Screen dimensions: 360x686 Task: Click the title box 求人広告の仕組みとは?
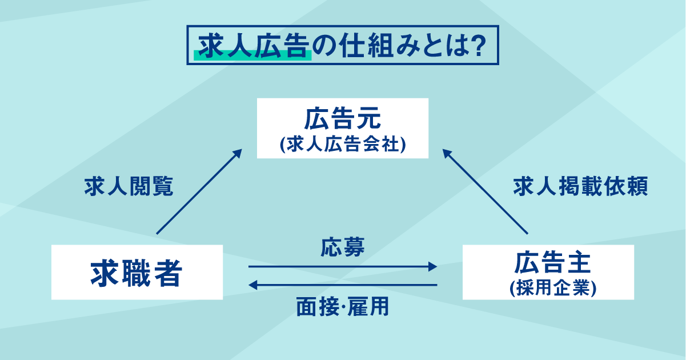click(343, 45)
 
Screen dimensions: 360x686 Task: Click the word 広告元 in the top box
click(342, 121)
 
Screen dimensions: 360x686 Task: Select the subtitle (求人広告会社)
click(343, 144)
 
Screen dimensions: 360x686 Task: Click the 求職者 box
click(137, 273)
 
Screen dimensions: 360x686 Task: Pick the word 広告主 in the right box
click(548, 263)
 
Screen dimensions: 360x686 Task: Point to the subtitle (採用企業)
click(548, 288)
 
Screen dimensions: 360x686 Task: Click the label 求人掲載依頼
click(580, 187)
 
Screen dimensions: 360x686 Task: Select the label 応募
click(343, 247)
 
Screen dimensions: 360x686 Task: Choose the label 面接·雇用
click(343, 307)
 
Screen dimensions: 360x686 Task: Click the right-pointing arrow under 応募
click(343, 266)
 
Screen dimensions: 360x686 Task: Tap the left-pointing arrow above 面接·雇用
click(343, 285)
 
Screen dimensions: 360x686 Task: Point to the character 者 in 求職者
click(166, 273)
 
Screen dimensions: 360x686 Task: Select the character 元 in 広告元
click(366, 121)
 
